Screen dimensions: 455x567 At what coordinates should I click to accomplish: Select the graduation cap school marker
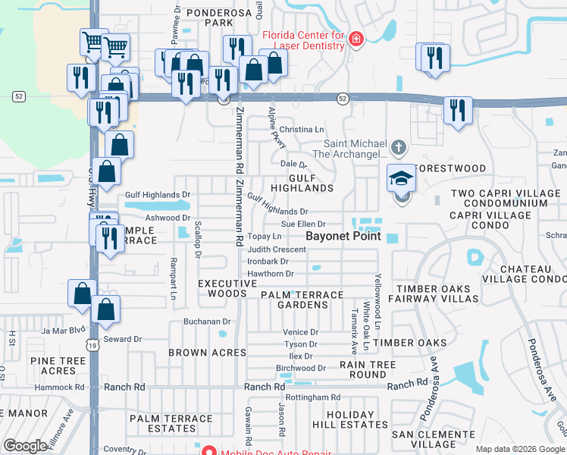pos(401,178)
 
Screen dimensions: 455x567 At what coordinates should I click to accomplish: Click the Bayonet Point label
pos(343,237)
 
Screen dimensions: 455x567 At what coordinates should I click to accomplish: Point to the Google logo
pos(25,446)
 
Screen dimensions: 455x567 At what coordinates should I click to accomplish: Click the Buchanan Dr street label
pos(206,322)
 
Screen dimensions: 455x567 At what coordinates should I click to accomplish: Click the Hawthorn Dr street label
pos(271,274)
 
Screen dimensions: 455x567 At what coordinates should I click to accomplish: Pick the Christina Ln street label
pos(302,130)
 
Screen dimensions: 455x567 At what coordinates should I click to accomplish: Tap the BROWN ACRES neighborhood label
pos(207,353)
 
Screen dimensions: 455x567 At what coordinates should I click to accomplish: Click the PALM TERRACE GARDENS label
pos(302,299)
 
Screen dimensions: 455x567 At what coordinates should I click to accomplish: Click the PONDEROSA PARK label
pos(202,18)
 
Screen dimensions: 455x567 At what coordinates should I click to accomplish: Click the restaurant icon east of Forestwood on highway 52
pos(457,110)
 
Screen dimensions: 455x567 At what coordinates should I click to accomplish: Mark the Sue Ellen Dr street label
pos(303,224)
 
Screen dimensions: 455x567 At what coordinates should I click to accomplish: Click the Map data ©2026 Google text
pos(518,449)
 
